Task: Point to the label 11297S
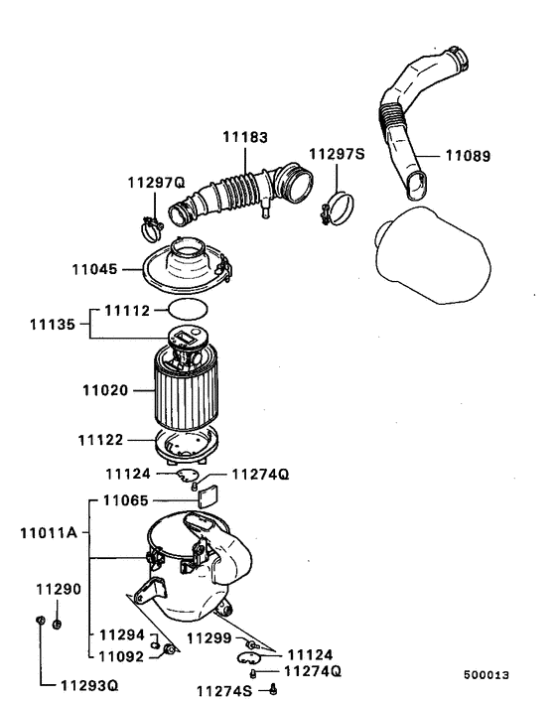point(337,154)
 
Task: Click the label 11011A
point(47,533)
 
